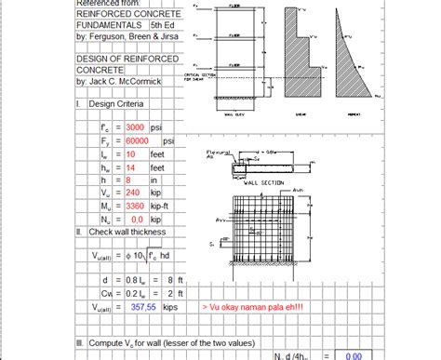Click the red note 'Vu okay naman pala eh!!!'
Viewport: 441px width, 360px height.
coord(251,304)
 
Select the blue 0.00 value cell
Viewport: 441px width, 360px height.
coord(353,354)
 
